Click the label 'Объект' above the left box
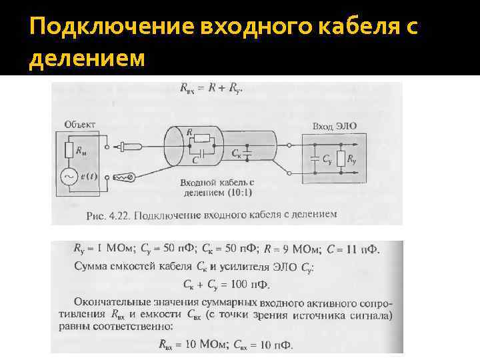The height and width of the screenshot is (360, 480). (80, 124)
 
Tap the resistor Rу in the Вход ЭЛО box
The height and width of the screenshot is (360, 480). (341, 159)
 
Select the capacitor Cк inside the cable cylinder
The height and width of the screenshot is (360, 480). (247, 155)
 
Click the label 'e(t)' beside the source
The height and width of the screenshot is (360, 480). (88, 176)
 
